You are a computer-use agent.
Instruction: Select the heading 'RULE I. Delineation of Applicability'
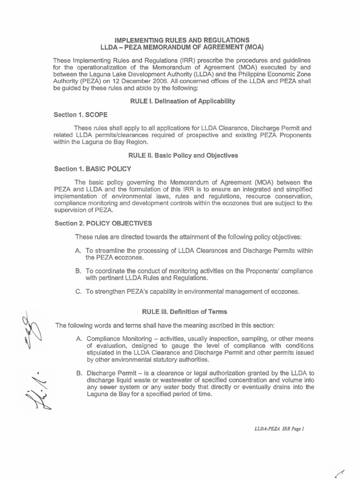(x=182, y=101)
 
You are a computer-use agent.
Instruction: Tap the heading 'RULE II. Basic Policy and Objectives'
(x=182, y=155)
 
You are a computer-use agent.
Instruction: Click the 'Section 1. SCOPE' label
(x=82, y=115)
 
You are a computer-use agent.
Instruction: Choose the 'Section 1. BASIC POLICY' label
(x=92, y=169)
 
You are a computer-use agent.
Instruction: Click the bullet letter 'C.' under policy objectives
(x=78, y=292)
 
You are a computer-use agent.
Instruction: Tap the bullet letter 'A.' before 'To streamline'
(x=78, y=251)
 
